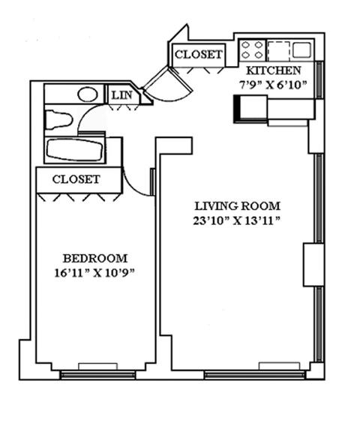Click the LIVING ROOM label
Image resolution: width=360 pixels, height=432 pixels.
(x=238, y=206)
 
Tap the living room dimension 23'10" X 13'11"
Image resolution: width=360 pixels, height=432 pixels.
(x=237, y=221)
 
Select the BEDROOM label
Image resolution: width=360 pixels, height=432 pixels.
(x=95, y=259)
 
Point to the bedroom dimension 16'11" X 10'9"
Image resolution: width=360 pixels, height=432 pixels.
(x=94, y=273)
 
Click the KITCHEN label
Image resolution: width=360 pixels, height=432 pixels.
(x=273, y=70)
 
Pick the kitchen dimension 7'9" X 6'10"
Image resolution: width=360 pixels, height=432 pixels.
(x=273, y=85)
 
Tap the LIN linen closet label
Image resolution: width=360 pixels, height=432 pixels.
(x=121, y=95)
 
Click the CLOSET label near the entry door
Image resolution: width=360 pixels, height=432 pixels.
(x=198, y=55)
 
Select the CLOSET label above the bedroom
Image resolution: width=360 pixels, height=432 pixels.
(x=76, y=180)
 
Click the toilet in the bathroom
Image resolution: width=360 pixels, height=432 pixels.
(x=58, y=120)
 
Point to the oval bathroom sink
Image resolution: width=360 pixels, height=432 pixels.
(x=88, y=94)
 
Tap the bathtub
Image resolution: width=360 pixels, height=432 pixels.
(x=75, y=149)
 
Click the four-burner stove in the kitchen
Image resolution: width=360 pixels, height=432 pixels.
(x=252, y=50)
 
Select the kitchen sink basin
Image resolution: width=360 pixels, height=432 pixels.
(x=301, y=49)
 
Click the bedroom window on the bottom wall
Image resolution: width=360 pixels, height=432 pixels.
(x=97, y=375)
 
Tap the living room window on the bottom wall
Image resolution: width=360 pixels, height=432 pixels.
(x=255, y=375)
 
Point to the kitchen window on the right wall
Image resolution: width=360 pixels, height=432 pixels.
(x=319, y=79)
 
